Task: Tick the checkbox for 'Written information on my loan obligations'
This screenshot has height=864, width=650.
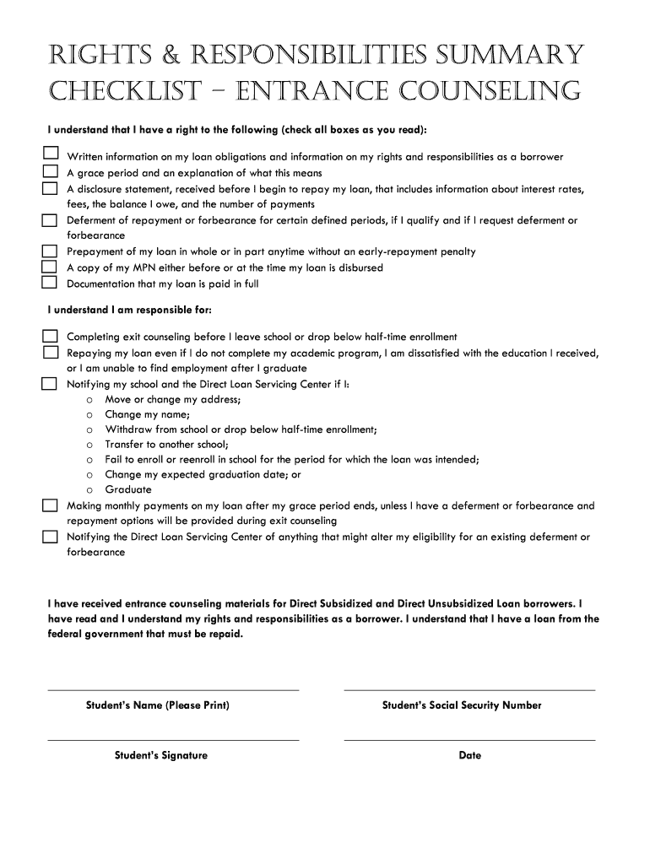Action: tap(51, 154)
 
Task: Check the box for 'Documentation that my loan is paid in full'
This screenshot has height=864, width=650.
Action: tap(51, 283)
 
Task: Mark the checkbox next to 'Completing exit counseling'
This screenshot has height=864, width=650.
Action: tap(51, 336)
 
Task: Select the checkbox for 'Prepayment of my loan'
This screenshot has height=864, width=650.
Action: tap(51, 251)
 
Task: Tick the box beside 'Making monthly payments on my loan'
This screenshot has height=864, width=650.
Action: tap(51, 505)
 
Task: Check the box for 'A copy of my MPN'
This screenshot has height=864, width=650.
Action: tap(51, 267)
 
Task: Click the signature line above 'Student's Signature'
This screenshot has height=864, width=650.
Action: tap(173, 740)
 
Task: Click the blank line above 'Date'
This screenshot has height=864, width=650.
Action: tap(469, 740)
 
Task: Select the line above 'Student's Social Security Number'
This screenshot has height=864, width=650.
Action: tap(469, 689)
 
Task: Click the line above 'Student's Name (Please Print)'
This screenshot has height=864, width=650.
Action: tap(173, 689)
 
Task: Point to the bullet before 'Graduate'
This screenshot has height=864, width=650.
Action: tap(89, 490)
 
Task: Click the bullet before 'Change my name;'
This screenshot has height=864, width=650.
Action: tap(89, 414)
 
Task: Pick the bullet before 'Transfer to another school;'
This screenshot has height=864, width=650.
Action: tap(89, 445)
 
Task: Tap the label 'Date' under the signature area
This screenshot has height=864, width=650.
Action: tap(470, 756)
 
